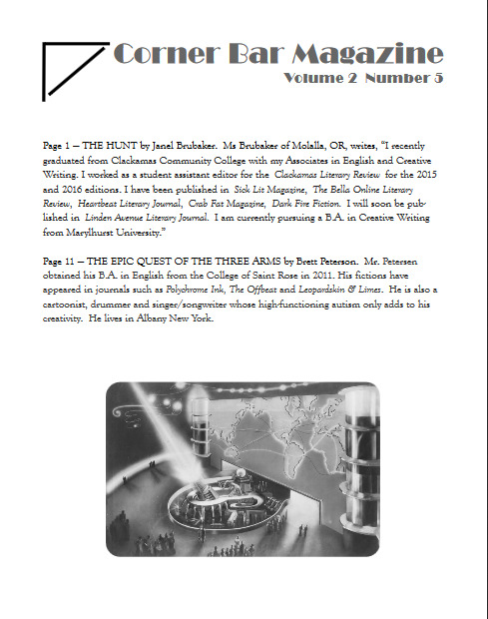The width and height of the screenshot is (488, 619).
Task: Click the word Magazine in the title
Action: [x=367, y=54]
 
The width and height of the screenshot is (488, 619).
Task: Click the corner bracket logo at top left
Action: [x=75, y=71]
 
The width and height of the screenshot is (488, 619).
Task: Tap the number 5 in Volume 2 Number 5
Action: [x=438, y=78]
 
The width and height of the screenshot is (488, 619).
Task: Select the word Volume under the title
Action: [x=313, y=78]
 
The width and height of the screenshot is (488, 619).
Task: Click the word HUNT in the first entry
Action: [x=121, y=146]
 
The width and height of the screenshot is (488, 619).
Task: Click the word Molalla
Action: [x=307, y=146]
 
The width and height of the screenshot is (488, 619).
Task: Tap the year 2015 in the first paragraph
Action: [x=427, y=175]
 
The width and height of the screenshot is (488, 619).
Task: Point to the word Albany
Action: [x=151, y=318]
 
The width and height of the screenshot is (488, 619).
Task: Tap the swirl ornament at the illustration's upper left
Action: [x=128, y=415]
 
